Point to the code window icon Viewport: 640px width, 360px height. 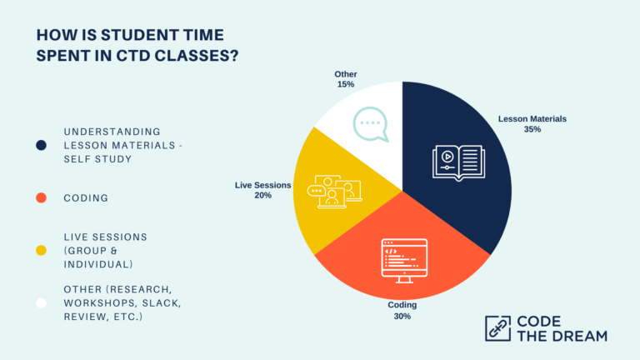coord(403,258)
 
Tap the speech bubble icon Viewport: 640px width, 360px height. coord(370,125)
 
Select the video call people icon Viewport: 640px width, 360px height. coord(334,191)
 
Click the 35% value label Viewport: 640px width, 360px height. coord(532,130)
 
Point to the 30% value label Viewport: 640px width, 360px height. coord(402,317)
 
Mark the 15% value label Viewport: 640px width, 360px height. coord(346,85)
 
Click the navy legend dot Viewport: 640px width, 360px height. coord(41,145)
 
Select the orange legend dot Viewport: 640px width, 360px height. coord(41,197)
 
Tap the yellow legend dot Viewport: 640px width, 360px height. coord(41,250)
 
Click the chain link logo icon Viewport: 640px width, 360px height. coord(497,328)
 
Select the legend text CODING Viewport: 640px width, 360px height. coord(87,197)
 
